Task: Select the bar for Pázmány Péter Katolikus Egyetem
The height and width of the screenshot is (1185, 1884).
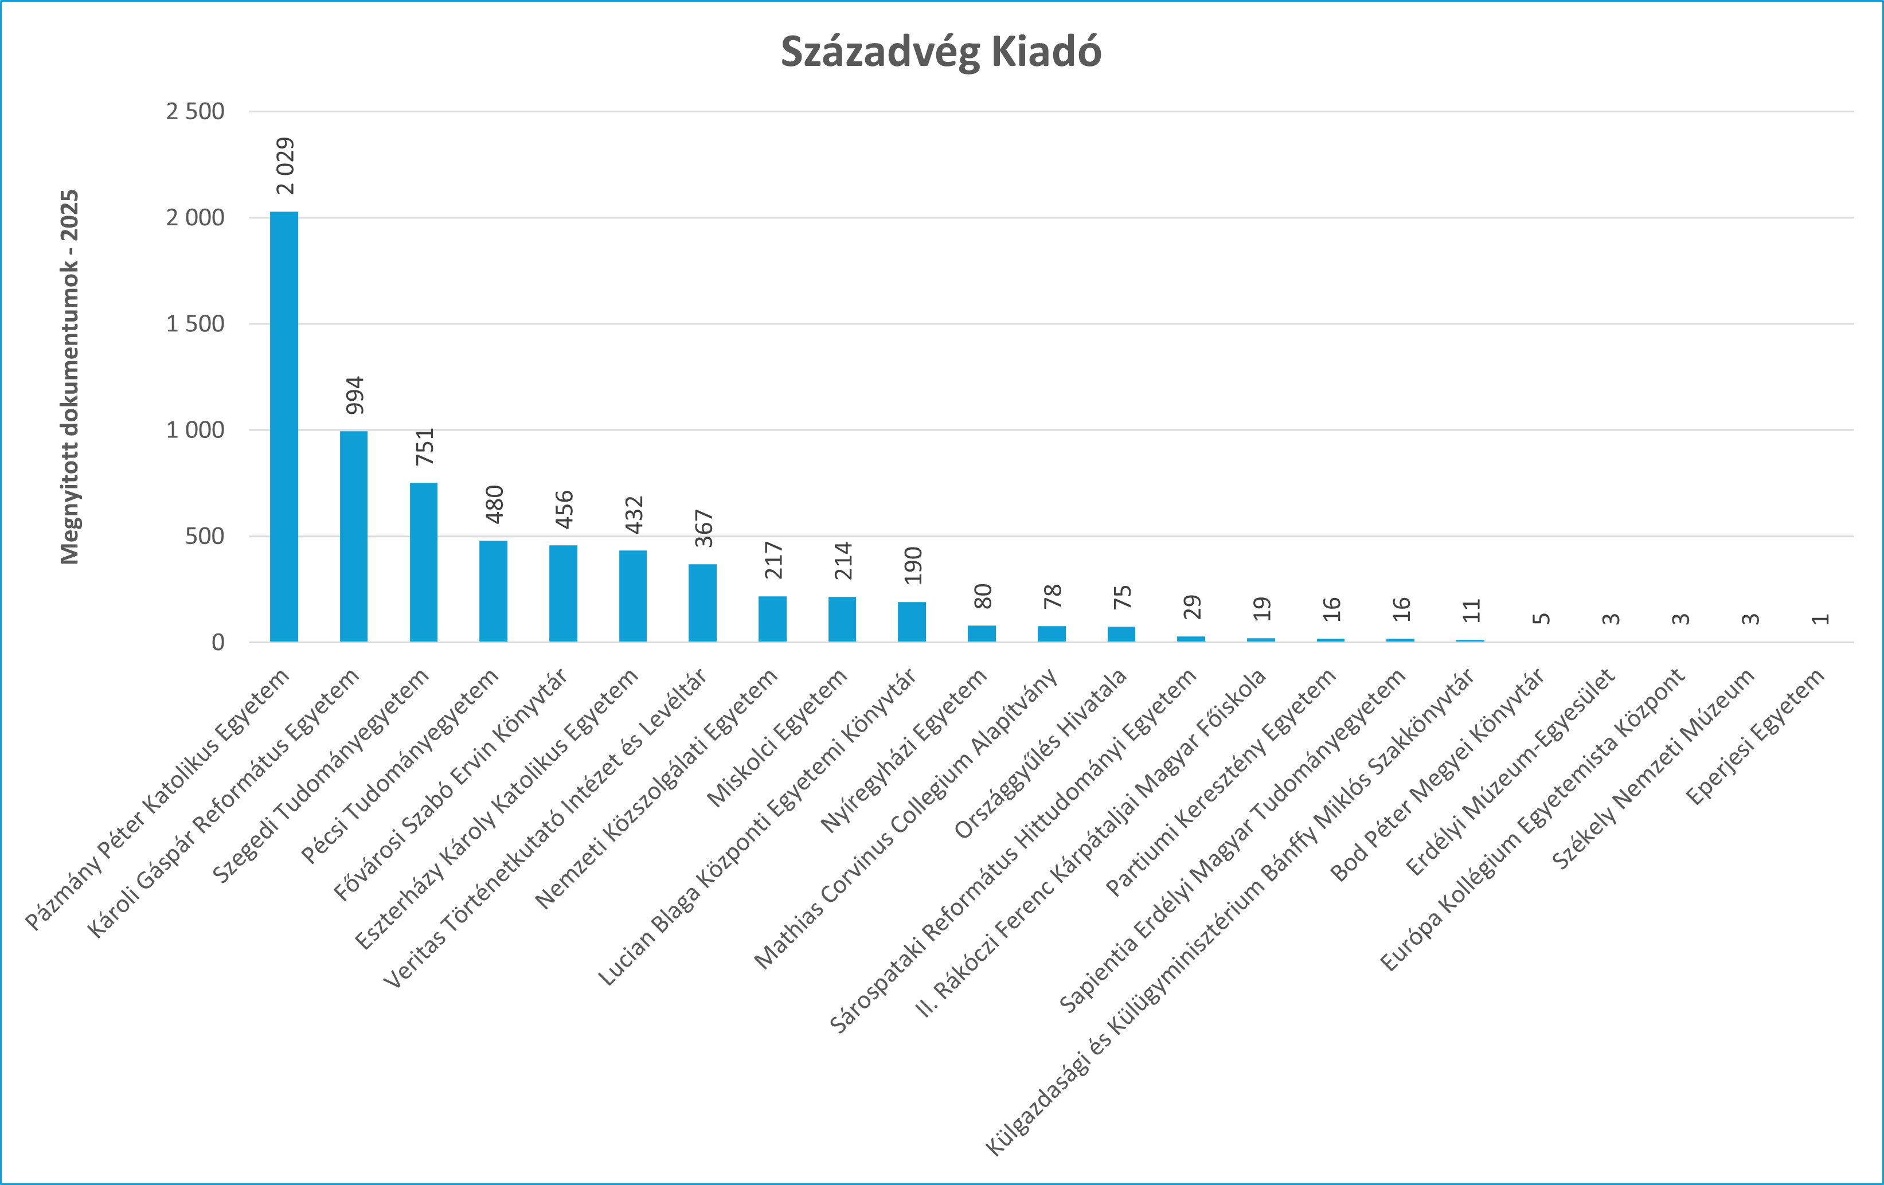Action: click(x=284, y=427)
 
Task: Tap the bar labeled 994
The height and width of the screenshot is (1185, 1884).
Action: click(x=354, y=537)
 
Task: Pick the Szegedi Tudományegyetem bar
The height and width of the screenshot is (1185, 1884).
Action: click(x=423, y=562)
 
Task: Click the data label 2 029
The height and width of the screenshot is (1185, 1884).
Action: click(x=286, y=166)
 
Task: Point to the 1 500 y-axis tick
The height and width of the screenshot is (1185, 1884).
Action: click(x=195, y=324)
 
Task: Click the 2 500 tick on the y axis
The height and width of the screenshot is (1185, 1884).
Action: click(x=195, y=111)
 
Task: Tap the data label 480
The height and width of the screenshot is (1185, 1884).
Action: click(x=494, y=504)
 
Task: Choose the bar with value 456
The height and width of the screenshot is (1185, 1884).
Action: click(x=564, y=594)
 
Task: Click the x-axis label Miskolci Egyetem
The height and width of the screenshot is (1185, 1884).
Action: click(x=777, y=738)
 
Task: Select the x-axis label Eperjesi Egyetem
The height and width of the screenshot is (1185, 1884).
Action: click(x=1756, y=736)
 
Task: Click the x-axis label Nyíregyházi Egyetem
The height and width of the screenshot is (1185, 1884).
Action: click(x=904, y=752)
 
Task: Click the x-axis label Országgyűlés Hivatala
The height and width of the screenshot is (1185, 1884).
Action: click(x=1041, y=753)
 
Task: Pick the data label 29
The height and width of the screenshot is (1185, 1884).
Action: click(x=1191, y=607)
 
